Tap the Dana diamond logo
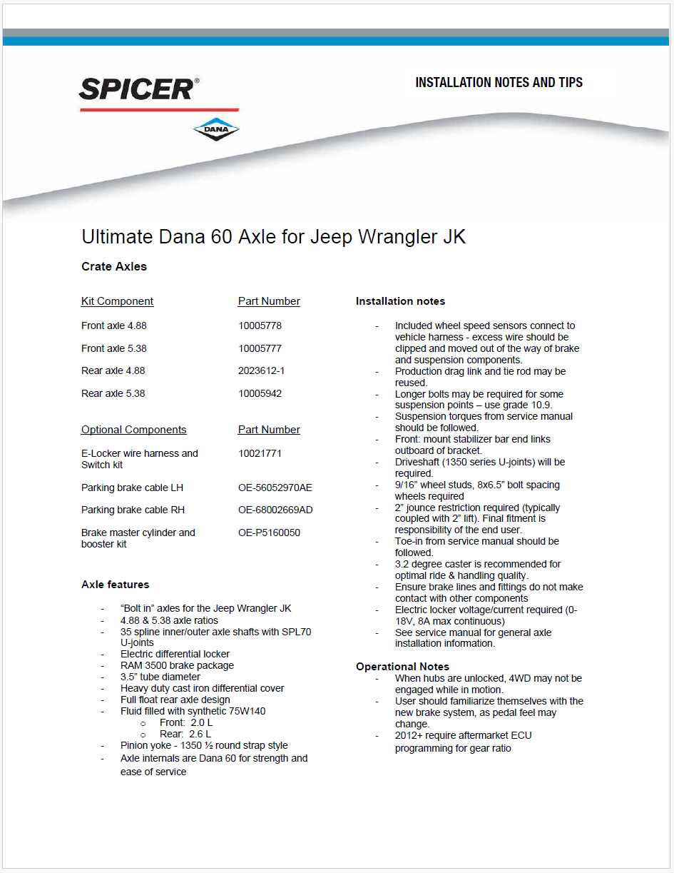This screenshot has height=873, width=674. (216, 129)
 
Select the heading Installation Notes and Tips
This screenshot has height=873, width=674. (499, 83)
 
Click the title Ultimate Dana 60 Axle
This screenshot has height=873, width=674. (274, 237)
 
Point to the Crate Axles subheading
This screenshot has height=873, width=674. (114, 267)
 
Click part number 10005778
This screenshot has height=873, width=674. (260, 326)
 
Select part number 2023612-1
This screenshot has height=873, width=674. (261, 371)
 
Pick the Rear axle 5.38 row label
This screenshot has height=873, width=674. (113, 394)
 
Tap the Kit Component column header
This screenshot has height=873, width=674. (118, 301)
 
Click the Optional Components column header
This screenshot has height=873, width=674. (134, 430)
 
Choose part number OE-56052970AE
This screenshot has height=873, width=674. (275, 488)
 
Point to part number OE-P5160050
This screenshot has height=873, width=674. (269, 533)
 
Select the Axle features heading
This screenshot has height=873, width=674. (116, 585)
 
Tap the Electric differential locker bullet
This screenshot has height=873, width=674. (175, 654)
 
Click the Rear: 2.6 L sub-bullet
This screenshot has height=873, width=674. (185, 734)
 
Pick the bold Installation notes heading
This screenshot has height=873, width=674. (400, 301)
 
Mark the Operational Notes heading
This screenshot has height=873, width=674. (402, 667)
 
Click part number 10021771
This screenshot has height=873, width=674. (260, 453)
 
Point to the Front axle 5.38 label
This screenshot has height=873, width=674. (114, 349)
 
